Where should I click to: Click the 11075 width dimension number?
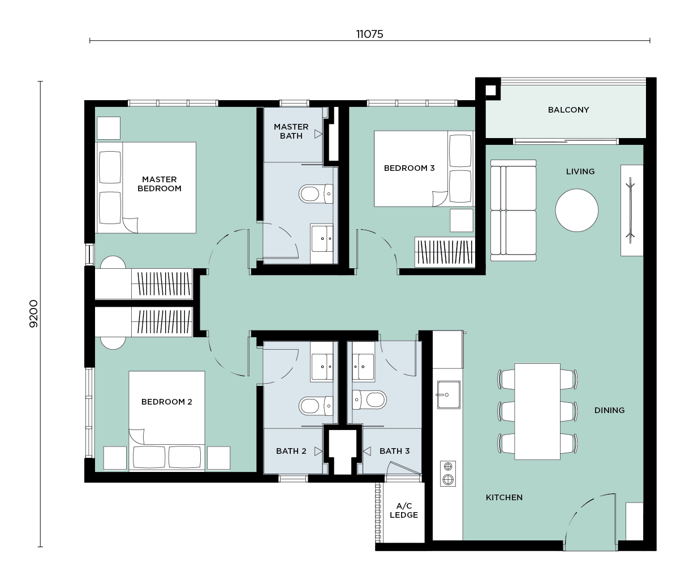click(x=369, y=34)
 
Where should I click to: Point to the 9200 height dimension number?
click(x=34, y=313)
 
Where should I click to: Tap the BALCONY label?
click(x=568, y=110)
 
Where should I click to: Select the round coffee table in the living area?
click(x=576, y=210)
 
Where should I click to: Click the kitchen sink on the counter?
click(x=449, y=394)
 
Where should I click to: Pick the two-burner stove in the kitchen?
click(x=448, y=474)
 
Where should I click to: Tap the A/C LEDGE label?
click(x=404, y=510)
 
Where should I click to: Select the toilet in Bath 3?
click(x=369, y=399)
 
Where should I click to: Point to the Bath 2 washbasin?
click(x=321, y=367)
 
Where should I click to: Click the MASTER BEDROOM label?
click(x=160, y=184)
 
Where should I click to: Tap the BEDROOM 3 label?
click(x=410, y=168)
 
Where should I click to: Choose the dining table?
click(x=537, y=411)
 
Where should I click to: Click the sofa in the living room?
click(x=513, y=210)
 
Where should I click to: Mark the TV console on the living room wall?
click(x=632, y=210)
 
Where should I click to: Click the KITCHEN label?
click(x=504, y=497)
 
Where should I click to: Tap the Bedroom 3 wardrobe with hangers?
click(x=445, y=252)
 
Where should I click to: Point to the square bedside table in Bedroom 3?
click(x=462, y=220)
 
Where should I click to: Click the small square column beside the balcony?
click(x=491, y=90)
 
